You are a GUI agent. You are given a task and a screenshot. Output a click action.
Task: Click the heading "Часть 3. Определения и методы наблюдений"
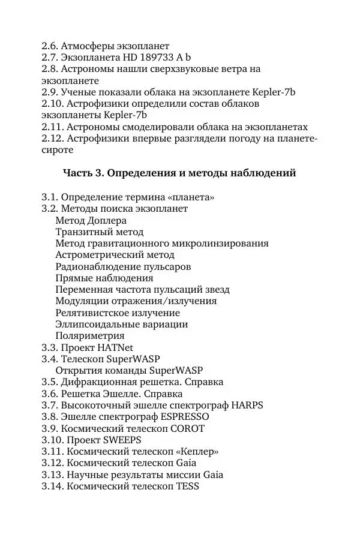pyautogui.click(x=179, y=173)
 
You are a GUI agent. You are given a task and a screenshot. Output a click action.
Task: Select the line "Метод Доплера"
pyautogui.click(x=91, y=220)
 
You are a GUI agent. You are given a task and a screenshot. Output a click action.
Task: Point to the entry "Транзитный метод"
pyautogui.click(x=99, y=232)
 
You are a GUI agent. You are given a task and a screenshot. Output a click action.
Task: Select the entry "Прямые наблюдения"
pyautogui.click(x=104, y=278)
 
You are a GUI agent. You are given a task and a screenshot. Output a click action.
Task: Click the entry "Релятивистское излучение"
pyautogui.click(x=118, y=312)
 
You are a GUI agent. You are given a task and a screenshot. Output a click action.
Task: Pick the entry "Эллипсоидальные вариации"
pyautogui.click(x=121, y=324)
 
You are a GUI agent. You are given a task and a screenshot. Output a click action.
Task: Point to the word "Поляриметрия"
pyautogui.click(x=90, y=336)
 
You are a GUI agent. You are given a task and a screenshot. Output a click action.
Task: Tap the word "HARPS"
pyautogui.click(x=247, y=405)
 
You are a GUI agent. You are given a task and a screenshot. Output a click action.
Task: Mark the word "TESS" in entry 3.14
pyautogui.click(x=187, y=487)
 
